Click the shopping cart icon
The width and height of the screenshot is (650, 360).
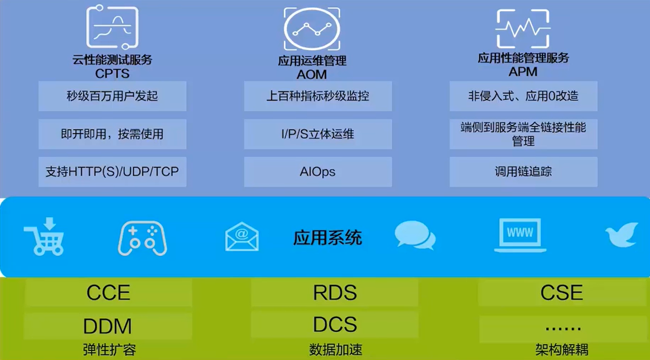point(44,236)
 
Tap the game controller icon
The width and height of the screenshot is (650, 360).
point(142,238)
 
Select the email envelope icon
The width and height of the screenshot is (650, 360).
point(242,236)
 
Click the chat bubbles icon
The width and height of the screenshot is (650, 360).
point(415,235)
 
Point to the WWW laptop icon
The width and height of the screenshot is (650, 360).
point(520,235)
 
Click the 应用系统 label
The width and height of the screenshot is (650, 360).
point(327,237)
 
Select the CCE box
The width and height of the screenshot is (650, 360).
point(108,293)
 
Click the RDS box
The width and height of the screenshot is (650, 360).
point(335,293)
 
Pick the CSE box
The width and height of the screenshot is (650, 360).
point(561,293)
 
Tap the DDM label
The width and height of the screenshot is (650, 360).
point(108,326)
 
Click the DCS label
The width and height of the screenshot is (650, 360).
point(335,325)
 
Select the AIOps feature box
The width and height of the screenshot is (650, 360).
point(318,172)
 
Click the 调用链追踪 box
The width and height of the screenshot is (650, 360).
point(523,172)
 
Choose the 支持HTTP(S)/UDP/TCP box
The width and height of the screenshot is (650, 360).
point(112,172)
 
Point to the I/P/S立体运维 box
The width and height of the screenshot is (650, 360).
point(318,134)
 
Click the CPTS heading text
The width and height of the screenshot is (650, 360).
point(112,73)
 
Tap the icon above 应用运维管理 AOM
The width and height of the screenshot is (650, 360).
point(312,29)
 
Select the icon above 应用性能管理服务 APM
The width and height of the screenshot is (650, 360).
point(522,29)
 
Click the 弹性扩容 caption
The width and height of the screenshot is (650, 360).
point(109,350)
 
